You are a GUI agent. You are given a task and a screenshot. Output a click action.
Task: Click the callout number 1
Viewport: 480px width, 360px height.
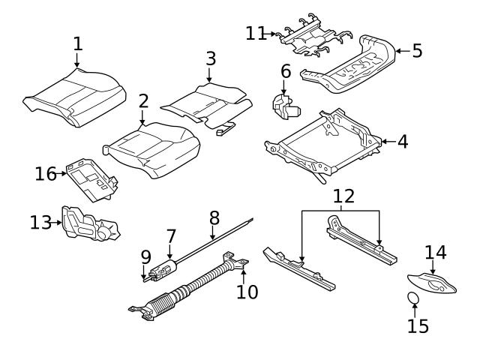click(77, 43)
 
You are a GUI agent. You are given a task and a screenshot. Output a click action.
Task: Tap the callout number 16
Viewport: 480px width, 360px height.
click(46, 174)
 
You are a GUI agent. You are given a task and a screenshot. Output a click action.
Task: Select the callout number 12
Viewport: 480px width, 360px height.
click(343, 197)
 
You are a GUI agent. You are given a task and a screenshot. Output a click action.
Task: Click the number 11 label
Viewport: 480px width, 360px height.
click(256, 33)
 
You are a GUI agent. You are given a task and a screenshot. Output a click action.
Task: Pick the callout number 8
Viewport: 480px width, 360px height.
click(214, 218)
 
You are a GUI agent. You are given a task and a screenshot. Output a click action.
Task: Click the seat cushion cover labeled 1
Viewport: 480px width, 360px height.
click(75, 97)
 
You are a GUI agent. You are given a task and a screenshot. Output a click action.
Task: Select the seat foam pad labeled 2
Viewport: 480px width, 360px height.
click(154, 148)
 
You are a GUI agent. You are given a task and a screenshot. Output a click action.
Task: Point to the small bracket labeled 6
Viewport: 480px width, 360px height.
click(285, 105)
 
